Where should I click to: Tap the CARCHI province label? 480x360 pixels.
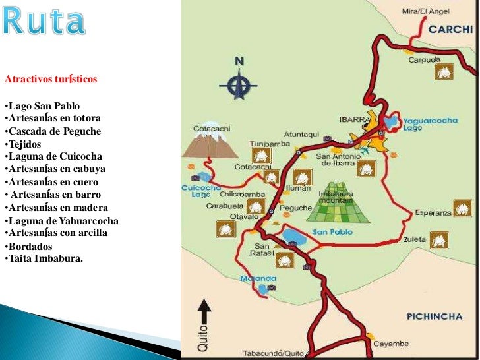pos(451,29)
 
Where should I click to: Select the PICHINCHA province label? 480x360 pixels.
pos(435,316)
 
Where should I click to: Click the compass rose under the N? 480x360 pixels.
pos(239,84)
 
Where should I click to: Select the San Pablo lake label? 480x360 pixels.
pos(329,231)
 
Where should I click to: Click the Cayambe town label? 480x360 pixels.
pos(392,344)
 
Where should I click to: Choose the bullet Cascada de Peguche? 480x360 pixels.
pos(53,131)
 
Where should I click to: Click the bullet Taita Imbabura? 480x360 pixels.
pos(44,258)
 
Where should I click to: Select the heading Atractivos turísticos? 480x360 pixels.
pos(51,79)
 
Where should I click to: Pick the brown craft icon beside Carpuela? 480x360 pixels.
pos(443,72)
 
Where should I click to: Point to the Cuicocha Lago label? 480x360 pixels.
pos(196,191)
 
